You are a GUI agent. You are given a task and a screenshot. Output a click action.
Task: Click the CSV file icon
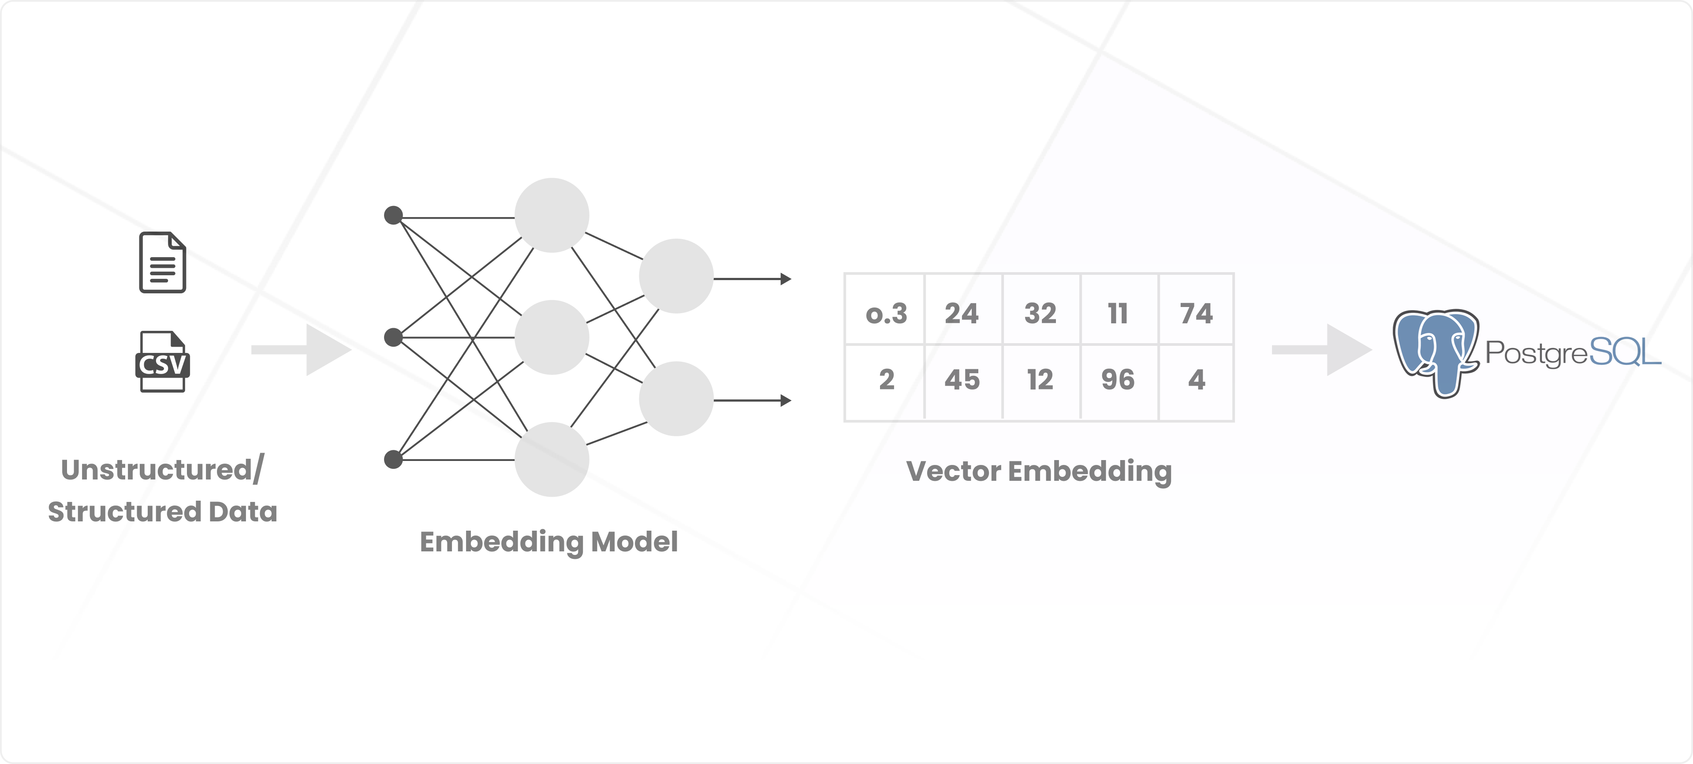162,362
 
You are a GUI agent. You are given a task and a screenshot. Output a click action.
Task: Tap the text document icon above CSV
162,262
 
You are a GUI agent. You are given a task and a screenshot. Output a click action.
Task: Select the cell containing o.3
886,313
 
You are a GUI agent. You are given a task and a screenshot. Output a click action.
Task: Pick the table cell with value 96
1118,379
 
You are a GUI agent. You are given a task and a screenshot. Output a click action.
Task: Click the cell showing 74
1196,313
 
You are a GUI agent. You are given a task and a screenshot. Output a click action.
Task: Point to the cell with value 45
962,379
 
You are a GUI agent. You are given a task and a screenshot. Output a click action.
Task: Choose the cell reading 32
1040,313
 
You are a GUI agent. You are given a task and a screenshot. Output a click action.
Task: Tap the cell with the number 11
1118,313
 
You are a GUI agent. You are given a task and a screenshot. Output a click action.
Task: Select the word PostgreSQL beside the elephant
1573,353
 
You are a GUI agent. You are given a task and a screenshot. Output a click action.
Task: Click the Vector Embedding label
1038,472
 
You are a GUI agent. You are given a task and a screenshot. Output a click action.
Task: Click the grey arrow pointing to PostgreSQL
1321,350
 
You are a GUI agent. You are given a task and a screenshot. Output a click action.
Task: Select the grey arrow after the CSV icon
301,350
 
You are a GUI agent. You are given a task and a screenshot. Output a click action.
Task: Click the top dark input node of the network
393,215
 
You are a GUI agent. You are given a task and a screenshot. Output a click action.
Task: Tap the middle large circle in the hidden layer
552,337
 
